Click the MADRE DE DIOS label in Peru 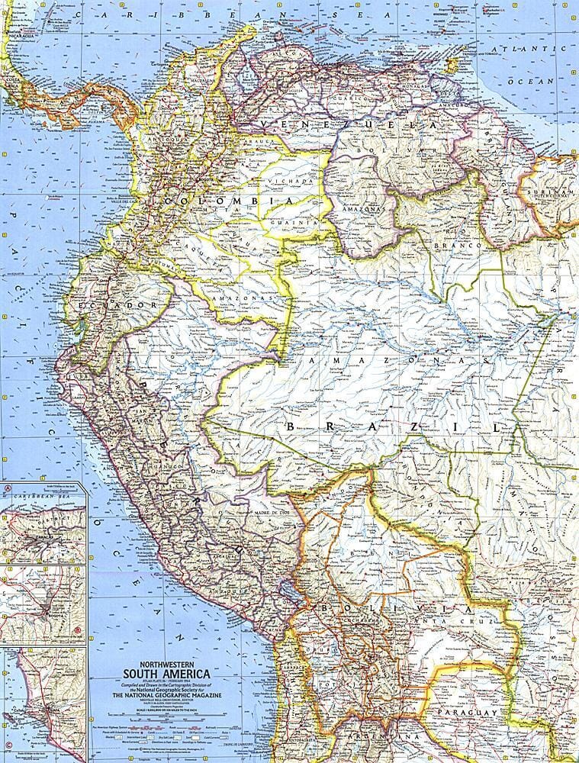(x=275, y=512)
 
